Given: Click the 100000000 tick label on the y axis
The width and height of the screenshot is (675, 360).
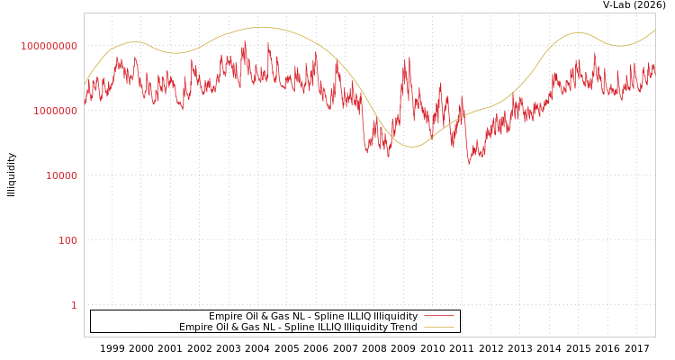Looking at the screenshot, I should point(49,46).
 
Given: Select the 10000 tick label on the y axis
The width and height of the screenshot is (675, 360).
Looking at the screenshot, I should point(61,175).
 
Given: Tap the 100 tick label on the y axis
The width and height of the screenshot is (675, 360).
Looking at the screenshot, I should point(67,240).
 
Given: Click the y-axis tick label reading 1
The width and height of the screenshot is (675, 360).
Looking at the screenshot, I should point(74,305).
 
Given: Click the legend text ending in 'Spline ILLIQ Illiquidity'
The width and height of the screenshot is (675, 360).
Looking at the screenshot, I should point(313,316).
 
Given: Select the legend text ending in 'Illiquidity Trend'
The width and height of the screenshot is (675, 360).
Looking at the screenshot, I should point(298,327).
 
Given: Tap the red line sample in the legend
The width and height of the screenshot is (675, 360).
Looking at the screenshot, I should point(438,316).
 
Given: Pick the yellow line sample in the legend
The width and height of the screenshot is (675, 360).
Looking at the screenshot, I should point(438,327).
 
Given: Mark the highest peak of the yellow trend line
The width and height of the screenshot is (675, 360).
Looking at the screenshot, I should point(261,27).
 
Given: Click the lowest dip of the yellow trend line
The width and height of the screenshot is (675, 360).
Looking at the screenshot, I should point(411,147).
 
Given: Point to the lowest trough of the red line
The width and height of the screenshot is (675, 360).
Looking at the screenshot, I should point(469,163).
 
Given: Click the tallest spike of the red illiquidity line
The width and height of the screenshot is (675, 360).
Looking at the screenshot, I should point(244,40).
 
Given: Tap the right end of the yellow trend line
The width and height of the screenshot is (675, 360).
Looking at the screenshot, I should point(654,30).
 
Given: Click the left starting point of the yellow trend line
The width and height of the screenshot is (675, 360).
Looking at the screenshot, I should point(85,85).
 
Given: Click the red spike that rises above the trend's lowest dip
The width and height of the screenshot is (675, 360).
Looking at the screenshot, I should point(408,59).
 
